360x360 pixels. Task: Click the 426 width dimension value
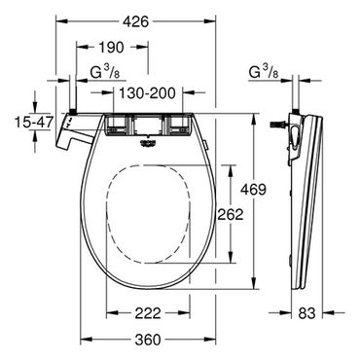point(135,21)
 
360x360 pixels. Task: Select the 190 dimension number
point(111,48)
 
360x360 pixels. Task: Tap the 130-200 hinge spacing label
point(147,93)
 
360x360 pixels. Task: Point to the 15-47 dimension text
point(34,122)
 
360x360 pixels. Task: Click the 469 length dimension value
point(253,189)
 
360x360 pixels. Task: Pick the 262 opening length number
point(230,214)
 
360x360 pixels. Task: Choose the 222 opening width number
point(148,313)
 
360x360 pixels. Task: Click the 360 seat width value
point(148,340)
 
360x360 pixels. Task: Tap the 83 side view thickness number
point(306,313)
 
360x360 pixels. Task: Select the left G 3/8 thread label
point(105,73)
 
